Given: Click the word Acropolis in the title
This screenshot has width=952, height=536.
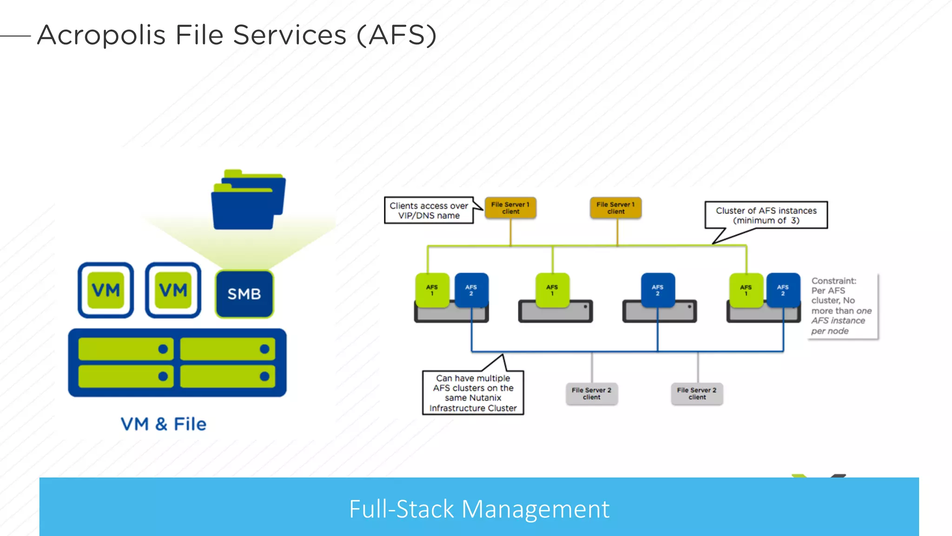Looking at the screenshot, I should (101, 35).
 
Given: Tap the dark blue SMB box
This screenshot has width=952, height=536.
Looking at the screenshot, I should (245, 294).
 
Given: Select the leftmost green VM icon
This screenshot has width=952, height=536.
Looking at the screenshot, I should (106, 290).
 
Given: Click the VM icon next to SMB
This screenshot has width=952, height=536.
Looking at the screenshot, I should (173, 290).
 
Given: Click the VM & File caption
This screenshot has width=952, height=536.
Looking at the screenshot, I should (163, 424).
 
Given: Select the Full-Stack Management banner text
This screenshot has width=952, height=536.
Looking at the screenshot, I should (479, 509).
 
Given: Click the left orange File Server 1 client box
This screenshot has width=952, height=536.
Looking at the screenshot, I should (510, 208).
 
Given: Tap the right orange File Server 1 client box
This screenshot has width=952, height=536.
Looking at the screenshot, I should (615, 208).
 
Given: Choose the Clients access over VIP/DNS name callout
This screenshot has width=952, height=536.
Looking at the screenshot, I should (429, 210).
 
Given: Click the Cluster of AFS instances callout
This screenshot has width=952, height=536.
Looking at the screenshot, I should (766, 215).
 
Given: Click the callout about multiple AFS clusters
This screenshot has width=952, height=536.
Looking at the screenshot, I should (473, 393).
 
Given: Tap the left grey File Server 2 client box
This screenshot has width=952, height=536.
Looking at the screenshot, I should (591, 394).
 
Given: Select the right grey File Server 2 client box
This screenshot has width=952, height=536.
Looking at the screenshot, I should (697, 394).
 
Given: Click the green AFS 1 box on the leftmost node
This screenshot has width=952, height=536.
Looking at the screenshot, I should (432, 290).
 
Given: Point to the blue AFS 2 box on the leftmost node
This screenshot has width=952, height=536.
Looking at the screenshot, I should (471, 290).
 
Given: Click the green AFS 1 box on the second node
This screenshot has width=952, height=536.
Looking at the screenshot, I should (552, 290).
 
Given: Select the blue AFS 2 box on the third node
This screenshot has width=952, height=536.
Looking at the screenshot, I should (657, 290).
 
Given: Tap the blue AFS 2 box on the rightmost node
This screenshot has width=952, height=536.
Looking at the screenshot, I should (783, 290).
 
